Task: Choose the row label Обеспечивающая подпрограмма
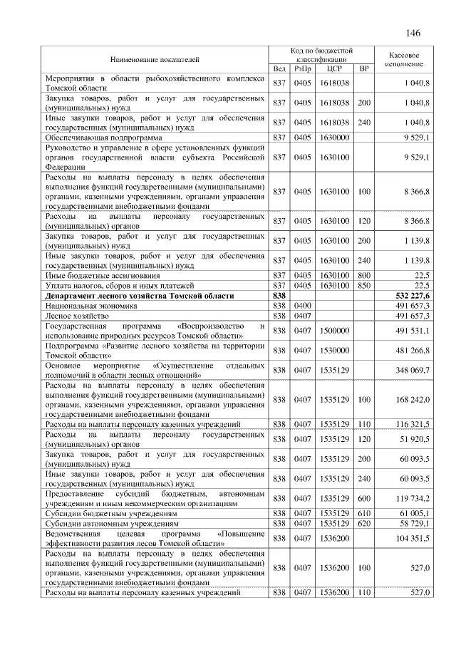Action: tap(103, 136)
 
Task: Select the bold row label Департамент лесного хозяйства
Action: tap(139, 294)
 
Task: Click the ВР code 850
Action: tap(364, 284)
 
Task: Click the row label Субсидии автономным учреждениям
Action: tap(112, 523)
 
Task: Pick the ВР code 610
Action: tap(364, 513)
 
